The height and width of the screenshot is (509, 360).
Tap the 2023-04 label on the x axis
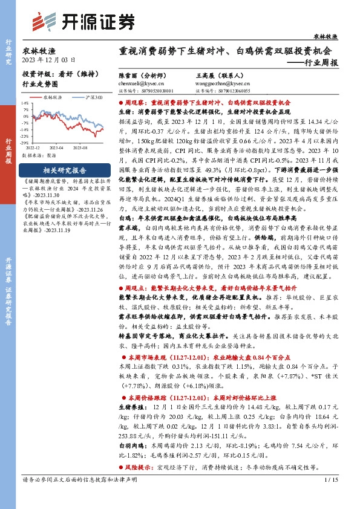pos(57,147)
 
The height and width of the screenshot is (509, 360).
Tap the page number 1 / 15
pos(330,497)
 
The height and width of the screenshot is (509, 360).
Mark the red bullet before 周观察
pos(121,103)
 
